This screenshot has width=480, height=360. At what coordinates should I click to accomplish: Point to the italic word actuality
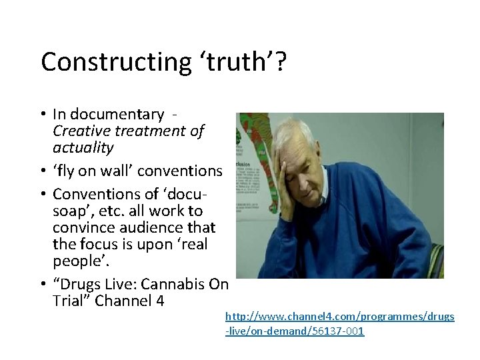[83, 147]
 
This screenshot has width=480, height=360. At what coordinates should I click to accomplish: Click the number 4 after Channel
[159, 301]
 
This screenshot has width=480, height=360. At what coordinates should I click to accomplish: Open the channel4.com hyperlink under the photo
[339, 323]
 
